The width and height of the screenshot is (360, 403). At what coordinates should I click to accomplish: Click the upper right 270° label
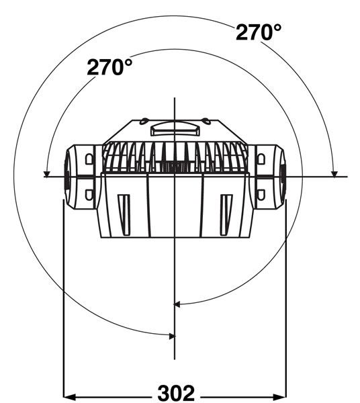pyautogui.click(x=258, y=32)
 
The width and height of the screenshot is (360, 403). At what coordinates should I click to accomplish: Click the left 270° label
pyautogui.click(x=109, y=66)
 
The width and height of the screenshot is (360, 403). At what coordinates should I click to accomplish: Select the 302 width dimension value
pyautogui.click(x=176, y=394)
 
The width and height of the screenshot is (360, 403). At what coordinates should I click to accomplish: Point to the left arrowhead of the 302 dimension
pyautogui.click(x=69, y=396)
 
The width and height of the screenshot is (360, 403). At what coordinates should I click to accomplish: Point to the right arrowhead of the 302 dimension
pyautogui.click(x=280, y=396)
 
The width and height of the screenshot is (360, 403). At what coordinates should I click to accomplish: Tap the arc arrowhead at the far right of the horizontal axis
pyautogui.click(x=334, y=174)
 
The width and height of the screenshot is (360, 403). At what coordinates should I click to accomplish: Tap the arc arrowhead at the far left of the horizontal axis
pyautogui.click(x=46, y=174)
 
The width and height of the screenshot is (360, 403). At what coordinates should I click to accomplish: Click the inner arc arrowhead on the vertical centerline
pyautogui.click(x=177, y=304)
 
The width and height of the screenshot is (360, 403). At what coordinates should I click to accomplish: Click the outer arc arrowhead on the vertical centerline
pyautogui.click(x=172, y=336)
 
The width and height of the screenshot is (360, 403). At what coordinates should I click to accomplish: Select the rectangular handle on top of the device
pyautogui.click(x=175, y=128)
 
